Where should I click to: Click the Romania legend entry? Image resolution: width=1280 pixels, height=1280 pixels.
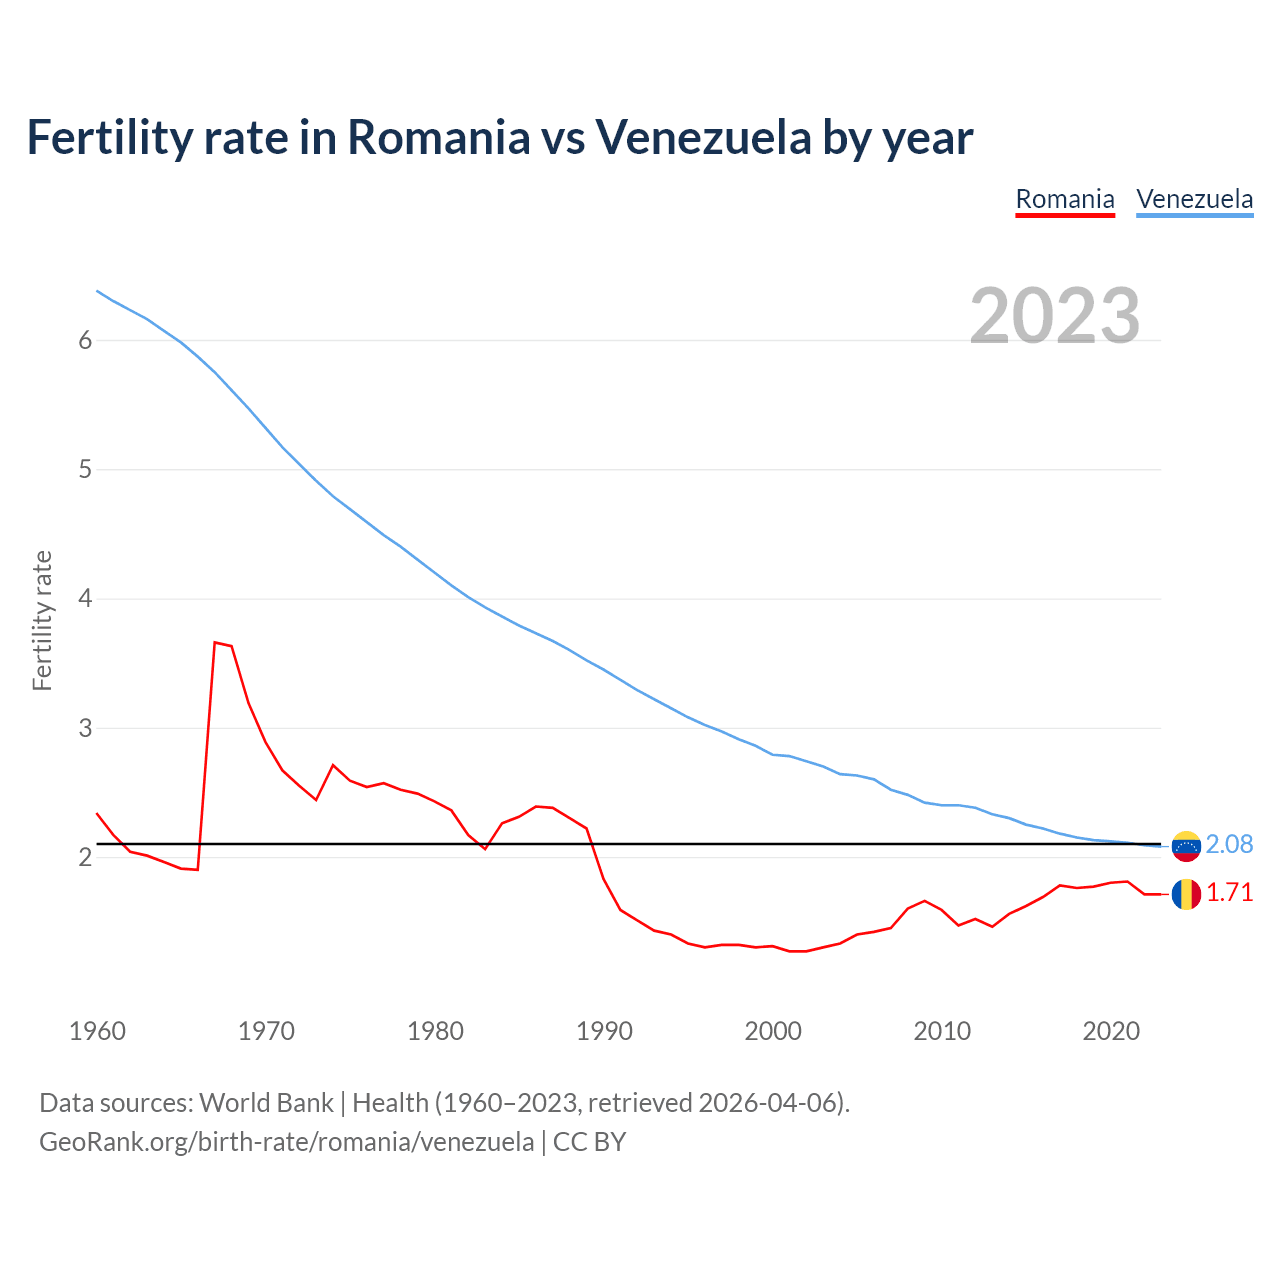(1065, 199)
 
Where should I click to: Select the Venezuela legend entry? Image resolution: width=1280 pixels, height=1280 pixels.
(1194, 199)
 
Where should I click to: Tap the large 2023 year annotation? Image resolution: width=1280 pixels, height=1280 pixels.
(1055, 316)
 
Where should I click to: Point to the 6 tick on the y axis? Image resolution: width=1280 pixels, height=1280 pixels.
(85, 341)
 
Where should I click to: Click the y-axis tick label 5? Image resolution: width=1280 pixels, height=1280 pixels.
(85, 470)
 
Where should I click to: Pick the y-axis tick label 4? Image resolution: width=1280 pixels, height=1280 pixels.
(85, 599)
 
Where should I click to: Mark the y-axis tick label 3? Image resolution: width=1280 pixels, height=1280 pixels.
(85, 728)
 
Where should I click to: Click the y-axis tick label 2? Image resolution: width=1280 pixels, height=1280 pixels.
(85, 857)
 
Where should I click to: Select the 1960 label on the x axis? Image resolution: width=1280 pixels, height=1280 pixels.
(97, 1031)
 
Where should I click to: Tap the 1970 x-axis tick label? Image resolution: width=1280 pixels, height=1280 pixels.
(266, 1031)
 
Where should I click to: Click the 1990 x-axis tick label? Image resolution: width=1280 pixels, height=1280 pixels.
(604, 1031)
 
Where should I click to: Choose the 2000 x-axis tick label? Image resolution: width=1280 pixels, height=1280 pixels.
(773, 1031)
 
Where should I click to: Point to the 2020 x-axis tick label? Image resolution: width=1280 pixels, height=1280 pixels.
(1111, 1031)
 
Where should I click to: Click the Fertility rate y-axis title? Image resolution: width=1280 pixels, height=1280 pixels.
(42, 620)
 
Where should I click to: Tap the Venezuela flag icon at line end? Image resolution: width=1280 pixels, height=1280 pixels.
(1186, 846)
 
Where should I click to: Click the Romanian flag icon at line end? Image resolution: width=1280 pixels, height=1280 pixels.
(1186, 894)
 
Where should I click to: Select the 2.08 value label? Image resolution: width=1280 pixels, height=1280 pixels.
(1229, 845)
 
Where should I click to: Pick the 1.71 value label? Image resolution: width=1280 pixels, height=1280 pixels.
(1229, 893)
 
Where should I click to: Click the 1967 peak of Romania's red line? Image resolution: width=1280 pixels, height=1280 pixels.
(215, 642)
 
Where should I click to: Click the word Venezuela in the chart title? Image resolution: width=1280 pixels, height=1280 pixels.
(704, 138)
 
